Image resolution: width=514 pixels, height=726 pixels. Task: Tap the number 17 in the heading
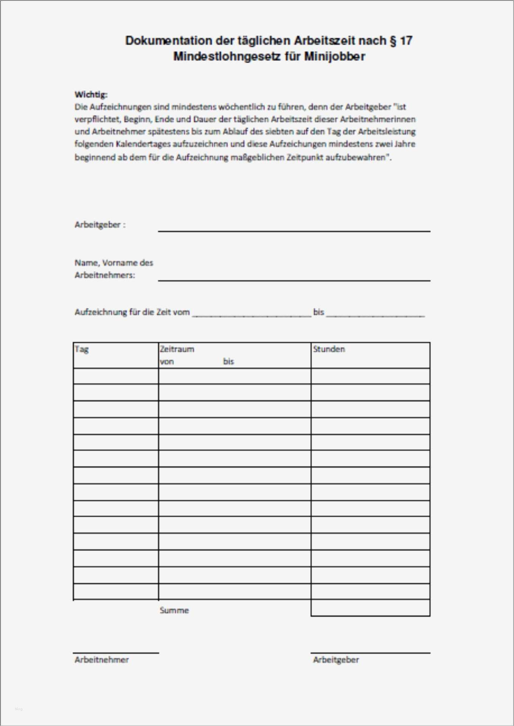click(x=406, y=41)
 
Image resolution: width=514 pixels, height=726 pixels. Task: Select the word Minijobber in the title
click(x=335, y=57)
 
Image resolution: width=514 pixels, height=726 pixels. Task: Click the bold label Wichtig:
click(x=91, y=95)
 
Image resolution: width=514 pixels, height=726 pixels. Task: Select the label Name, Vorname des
click(x=113, y=263)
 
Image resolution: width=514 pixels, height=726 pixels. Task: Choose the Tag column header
click(x=82, y=349)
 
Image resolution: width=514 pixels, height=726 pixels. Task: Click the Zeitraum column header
click(x=177, y=349)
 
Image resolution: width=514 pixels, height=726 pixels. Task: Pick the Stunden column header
click(x=329, y=349)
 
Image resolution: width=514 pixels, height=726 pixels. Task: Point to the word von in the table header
click(x=167, y=362)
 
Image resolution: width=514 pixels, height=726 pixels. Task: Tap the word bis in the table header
click(x=228, y=362)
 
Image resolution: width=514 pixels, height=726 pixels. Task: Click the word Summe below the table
click(x=174, y=610)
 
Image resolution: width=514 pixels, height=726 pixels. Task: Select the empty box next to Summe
click(x=370, y=608)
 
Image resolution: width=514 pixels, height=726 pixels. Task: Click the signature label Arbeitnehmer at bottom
click(x=102, y=660)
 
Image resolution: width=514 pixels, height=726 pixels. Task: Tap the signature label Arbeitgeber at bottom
click(x=336, y=660)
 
